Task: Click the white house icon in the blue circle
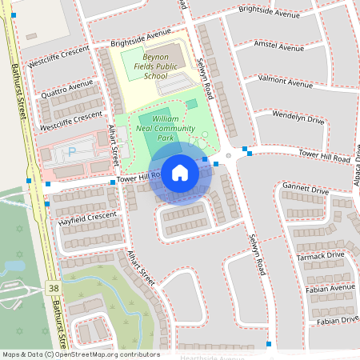pos(180,173)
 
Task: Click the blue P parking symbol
pos(73,151)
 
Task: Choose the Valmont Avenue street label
pos(286,82)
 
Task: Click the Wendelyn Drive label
pos(298,118)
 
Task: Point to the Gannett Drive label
pos(305,190)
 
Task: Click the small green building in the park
pos(191,104)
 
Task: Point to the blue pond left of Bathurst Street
pos(14,265)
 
